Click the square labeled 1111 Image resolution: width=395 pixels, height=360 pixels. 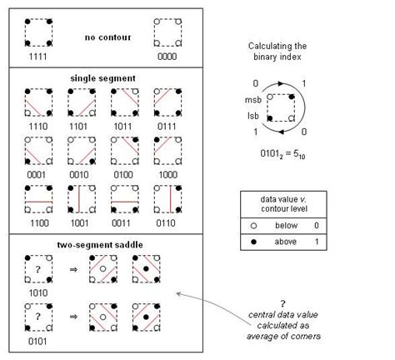[x=37, y=32]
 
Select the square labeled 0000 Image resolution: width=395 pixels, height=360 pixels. [x=167, y=32]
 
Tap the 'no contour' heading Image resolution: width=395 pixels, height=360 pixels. [x=102, y=37]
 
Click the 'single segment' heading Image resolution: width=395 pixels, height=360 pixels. [x=102, y=77]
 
